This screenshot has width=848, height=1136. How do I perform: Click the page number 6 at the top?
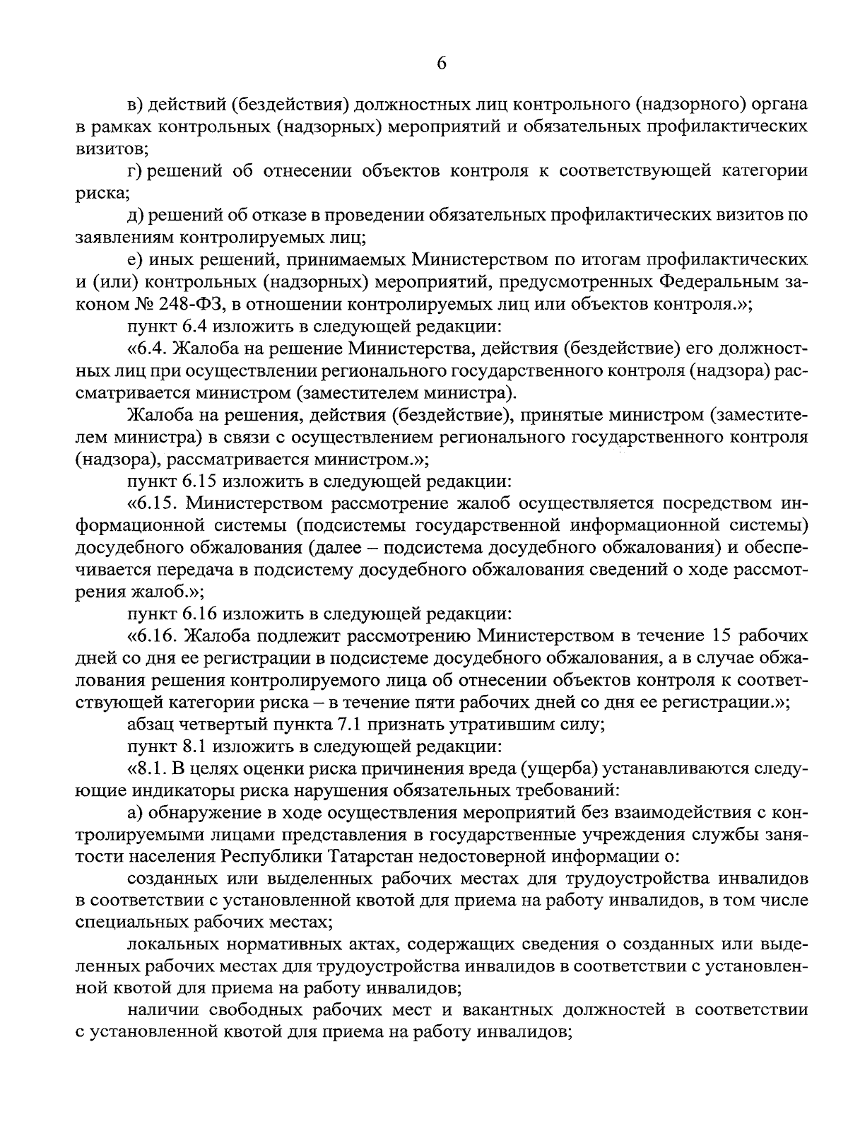click(442, 63)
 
